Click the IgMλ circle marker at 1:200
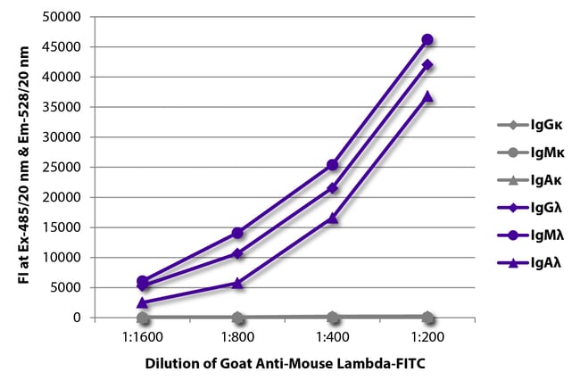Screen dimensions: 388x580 click(x=427, y=39)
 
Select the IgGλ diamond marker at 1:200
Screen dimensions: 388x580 click(x=427, y=64)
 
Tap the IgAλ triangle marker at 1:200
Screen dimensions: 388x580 click(x=427, y=95)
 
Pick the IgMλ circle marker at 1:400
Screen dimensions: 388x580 click(x=333, y=165)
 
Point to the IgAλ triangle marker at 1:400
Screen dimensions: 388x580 click(x=333, y=218)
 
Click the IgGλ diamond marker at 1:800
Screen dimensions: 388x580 click(x=237, y=253)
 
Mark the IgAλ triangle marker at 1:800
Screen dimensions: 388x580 click(x=237, y=283)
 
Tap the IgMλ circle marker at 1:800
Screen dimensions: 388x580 click(x=237, y=233)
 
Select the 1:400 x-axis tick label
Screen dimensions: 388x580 click(x=333, y=339)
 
